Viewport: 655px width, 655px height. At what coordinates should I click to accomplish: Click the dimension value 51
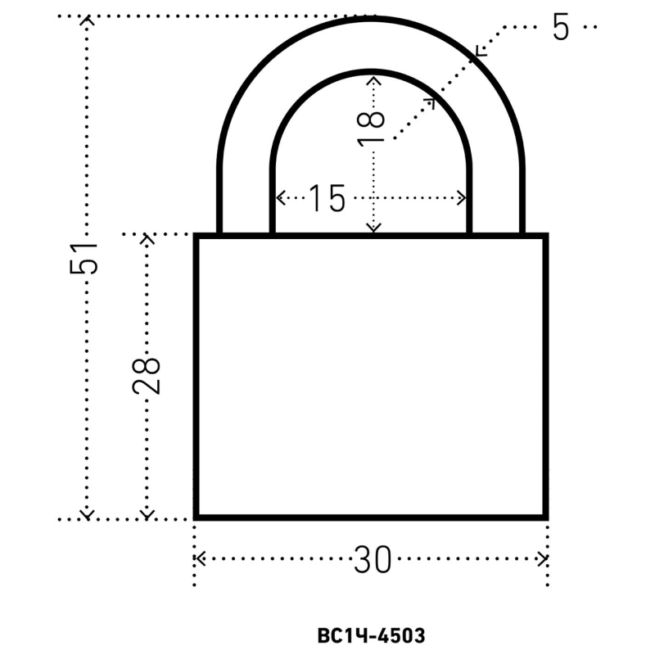pos(84,258)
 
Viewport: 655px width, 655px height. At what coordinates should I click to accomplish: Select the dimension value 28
pos(146,376)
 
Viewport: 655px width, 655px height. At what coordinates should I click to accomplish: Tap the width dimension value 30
pos(373,559)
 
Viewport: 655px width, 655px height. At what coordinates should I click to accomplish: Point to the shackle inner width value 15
pos(327,197)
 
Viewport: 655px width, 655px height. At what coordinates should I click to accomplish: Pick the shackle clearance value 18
pos(371,129)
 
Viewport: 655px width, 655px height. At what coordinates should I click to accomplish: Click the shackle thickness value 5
pos(561,27)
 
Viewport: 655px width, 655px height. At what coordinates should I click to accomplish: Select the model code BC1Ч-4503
pos(371,636)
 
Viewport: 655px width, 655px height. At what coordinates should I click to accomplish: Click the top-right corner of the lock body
pos(547,234)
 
